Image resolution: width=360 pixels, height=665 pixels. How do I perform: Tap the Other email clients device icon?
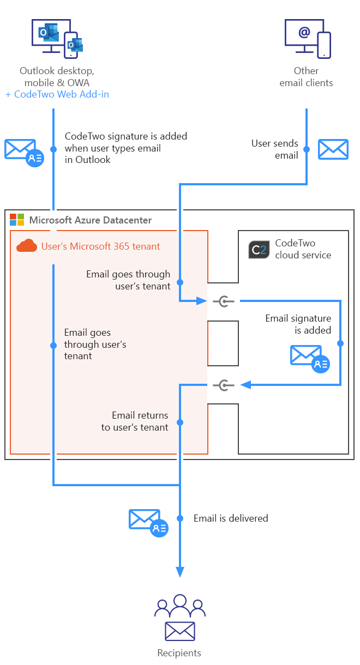pos(307,38)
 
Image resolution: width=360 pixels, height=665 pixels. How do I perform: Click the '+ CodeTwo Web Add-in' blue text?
pos(57,94)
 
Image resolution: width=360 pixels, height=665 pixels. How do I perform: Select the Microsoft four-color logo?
pos(17,220)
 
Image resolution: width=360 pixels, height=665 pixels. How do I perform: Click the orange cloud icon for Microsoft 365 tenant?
pos(27,246)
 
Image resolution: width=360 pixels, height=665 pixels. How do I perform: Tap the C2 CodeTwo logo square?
pos(259,249)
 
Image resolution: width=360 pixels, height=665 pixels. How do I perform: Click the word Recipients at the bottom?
pos(179,652)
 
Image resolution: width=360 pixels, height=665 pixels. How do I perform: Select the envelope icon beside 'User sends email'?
pos(333,149)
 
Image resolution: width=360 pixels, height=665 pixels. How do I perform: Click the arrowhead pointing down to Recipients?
pos(179,571)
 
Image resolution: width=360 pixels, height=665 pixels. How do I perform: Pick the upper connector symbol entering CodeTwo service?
pos(224,301)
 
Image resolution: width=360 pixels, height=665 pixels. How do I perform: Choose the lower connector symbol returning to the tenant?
pos(224,385)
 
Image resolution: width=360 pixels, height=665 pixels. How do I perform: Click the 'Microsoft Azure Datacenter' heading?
pos(90,220)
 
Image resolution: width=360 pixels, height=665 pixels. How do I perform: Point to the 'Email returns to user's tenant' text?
pos(135,421)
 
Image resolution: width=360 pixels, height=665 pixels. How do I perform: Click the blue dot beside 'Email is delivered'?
pos(179,518)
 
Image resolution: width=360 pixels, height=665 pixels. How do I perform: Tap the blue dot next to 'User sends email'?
pos(307,149)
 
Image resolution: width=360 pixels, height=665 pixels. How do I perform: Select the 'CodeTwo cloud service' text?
pos(303,249)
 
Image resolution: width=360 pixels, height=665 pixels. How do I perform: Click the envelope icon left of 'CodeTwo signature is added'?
pos(23,152)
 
